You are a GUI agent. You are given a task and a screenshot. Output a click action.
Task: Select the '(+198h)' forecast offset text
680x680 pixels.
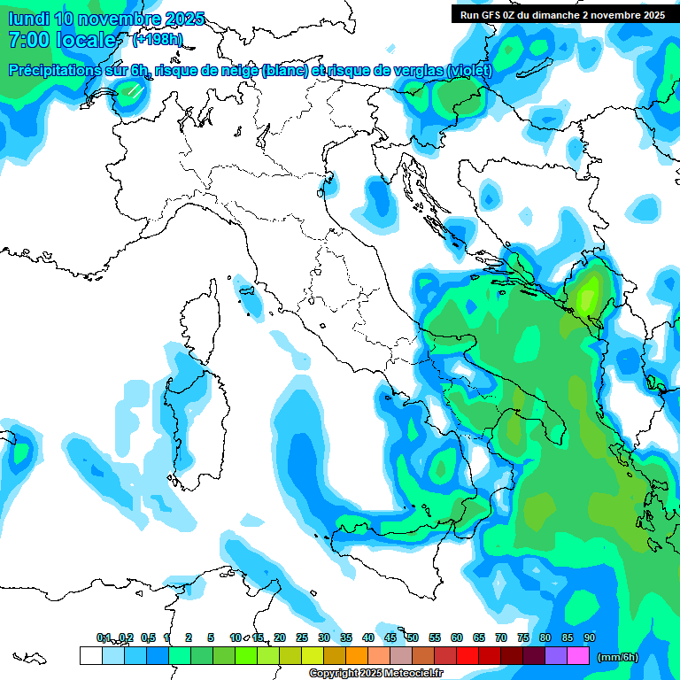click(x=157, y=39)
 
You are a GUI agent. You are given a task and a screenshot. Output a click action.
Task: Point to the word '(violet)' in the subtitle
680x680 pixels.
click(x=469, y=70)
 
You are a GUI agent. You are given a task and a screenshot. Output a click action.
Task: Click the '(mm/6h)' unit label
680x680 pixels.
click(x=618, y=657)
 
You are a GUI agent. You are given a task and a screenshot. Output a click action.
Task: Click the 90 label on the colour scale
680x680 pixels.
click(x=590, y=637)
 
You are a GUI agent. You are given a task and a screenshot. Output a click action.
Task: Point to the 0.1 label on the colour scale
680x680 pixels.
click(x=104, y=637)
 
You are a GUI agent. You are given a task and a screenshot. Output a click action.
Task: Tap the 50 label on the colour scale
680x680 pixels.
click(x=413, y=637)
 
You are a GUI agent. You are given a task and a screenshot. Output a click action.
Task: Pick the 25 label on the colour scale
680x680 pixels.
click(x=302, y=637)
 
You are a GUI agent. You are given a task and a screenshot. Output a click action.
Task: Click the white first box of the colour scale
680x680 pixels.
click(x=90, y=656)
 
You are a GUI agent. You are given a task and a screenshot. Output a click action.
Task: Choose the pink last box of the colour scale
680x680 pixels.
click(x=578, y=656)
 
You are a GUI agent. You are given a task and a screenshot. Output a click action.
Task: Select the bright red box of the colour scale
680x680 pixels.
click(x=467, y=656)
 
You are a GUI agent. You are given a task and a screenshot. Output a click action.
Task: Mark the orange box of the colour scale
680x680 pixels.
click(x=357, y=656)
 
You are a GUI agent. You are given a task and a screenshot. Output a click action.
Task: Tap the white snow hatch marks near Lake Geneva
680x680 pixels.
click(x=135, y=90)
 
